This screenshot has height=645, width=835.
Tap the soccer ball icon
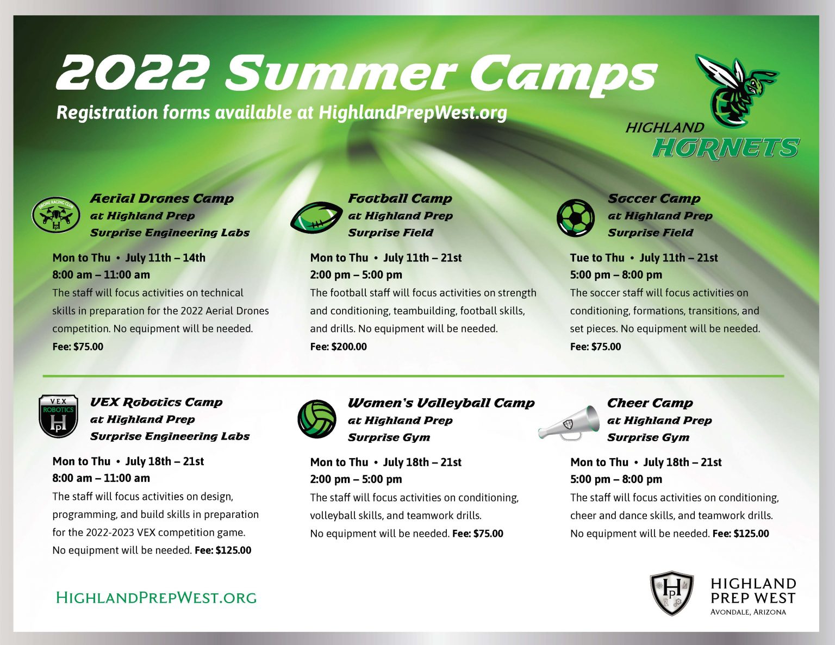click(576, 218)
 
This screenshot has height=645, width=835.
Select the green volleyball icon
click(317, 419)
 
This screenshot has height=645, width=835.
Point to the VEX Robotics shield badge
click(58, 416)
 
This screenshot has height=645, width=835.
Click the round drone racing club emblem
click(56, 214)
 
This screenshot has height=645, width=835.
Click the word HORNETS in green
click(725, 148)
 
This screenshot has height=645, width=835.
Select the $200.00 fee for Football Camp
click(348, 347)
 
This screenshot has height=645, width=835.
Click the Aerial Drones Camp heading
click(161, 198)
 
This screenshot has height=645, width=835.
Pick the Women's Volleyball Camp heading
click(441, 403)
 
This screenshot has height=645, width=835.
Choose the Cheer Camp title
click(650, 403)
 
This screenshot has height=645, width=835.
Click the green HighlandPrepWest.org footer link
click(156, 598)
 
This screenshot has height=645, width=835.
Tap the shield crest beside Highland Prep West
click(672, 593)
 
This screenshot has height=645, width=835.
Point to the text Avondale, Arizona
click(748, 612)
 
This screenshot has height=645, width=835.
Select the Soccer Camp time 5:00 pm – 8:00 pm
click(616, 275)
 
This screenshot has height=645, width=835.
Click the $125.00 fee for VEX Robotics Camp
click(233, 550)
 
